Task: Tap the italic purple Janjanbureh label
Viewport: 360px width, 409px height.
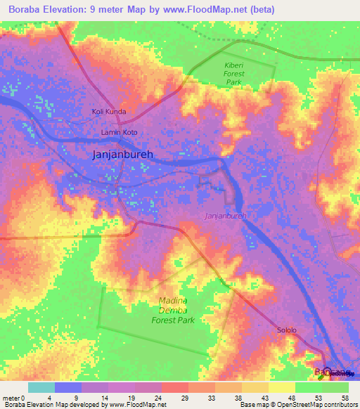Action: click(225, 216)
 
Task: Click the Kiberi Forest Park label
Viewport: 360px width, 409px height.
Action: click(233, 74)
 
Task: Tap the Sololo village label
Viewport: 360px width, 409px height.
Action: click(285, 330)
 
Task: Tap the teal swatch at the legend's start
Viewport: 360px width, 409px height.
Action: click(41, 387)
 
